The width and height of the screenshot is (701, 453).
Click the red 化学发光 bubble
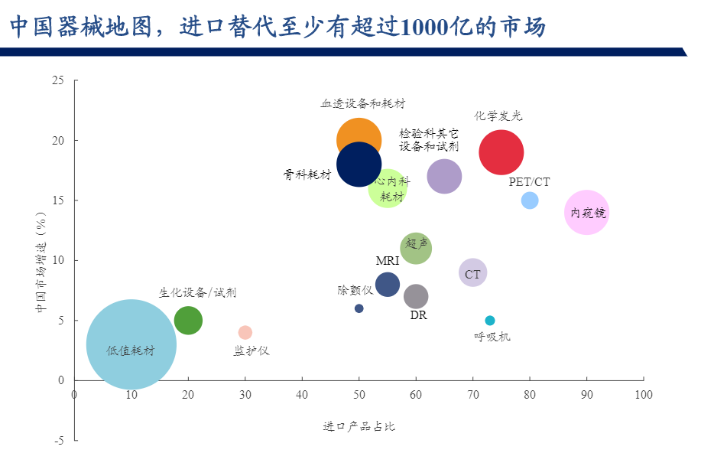point(501,152)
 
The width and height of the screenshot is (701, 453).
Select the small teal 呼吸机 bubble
point(490,321)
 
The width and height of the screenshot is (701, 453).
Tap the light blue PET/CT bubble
point(530,200)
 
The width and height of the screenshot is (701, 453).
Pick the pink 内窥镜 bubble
point(586,213)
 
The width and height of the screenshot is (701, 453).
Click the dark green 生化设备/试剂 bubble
point(188,321)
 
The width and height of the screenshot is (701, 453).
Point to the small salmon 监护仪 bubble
point(245,332)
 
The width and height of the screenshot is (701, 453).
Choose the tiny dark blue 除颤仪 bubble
point(359,308)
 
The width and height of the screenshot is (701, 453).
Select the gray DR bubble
point(415,297)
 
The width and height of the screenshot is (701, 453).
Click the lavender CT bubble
point(472,273)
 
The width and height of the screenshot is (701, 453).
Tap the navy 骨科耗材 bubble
point(359,164)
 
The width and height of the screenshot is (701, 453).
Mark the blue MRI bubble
point(388,285)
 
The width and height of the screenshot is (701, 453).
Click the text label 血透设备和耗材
point(362,103)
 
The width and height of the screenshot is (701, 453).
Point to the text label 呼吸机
point(492,336)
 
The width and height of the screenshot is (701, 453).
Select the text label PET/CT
point(529,182)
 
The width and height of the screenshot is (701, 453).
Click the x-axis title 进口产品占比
point(359,426)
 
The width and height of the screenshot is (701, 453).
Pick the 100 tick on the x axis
point(644,394)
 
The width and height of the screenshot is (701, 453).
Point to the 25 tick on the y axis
point(59,80)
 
